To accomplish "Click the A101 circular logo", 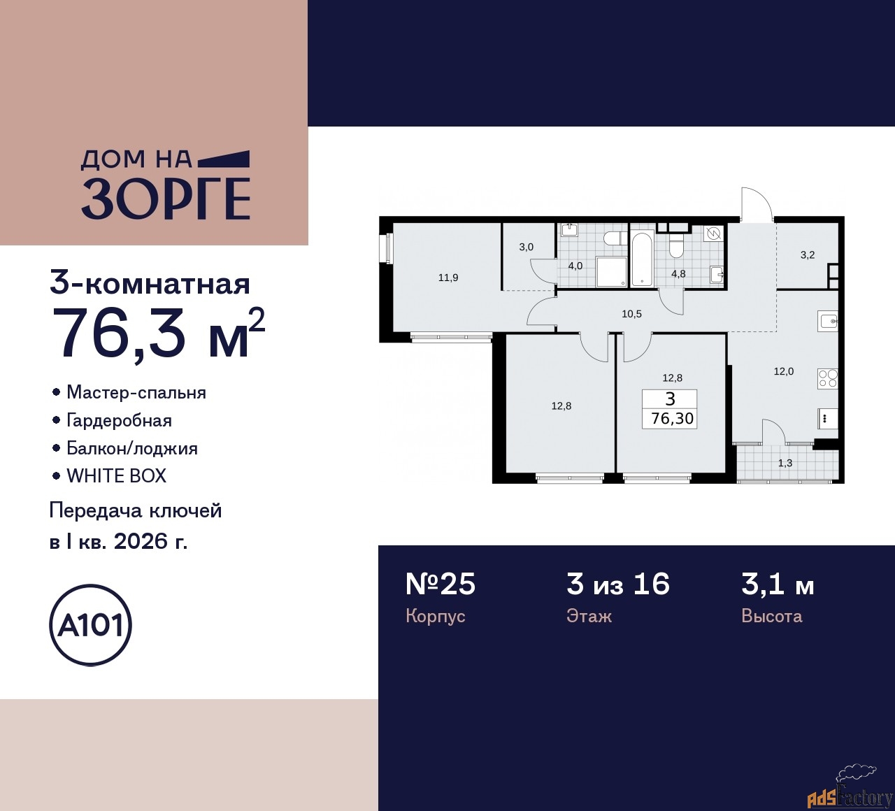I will (91, 625).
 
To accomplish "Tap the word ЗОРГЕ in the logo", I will (166, 199).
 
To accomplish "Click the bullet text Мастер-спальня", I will (136, 392).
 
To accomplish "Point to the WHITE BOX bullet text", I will (116, 476).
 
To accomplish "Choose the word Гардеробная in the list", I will (119, 420).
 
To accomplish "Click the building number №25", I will (441, 584).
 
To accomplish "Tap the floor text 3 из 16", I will (618, 584).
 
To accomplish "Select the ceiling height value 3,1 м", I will (778, 584).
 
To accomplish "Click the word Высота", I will (771, 616).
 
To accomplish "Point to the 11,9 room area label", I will (448, 278).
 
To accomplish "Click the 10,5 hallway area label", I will (631, 314).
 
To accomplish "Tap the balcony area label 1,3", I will (785, 463).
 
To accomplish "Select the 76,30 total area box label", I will (671, 418).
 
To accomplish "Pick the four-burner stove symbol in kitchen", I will (828, 378).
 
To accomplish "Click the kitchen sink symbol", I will (828, 322).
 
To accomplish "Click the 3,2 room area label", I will (808, 255).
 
